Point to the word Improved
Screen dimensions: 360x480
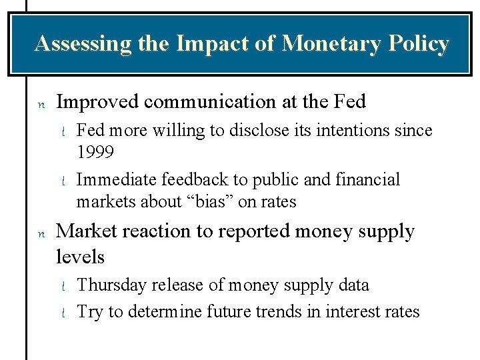[98, 102]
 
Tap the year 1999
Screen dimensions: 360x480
[95, 152]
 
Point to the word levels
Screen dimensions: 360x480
[81, 257]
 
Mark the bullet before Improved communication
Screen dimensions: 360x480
[41, 104]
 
